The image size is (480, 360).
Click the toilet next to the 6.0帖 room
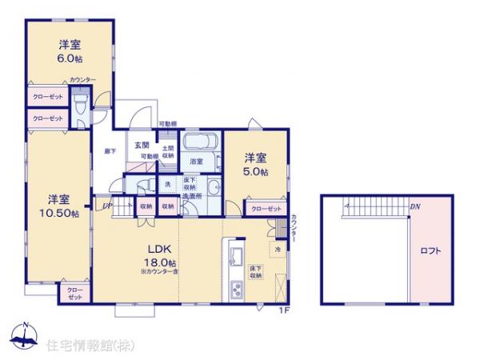coord(80,106)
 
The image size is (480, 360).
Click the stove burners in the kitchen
coord(235,290)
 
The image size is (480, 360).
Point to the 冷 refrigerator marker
coord(278,249)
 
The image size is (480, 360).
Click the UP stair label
coord(106,206)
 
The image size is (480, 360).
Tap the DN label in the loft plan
coord(414,206)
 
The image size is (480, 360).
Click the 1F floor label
coord(283,310)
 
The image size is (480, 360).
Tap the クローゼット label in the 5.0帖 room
coord(266,208)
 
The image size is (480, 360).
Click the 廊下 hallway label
coord(110,150)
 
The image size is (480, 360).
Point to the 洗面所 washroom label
coord(192,195)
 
